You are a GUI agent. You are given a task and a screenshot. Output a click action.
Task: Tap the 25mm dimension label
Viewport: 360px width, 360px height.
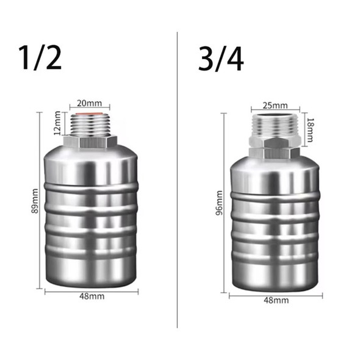click(273, 105)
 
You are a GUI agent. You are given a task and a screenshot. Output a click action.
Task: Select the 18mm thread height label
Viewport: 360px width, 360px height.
click(309, 129)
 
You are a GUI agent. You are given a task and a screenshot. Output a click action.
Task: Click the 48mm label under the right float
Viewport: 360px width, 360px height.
click(276, 301)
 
